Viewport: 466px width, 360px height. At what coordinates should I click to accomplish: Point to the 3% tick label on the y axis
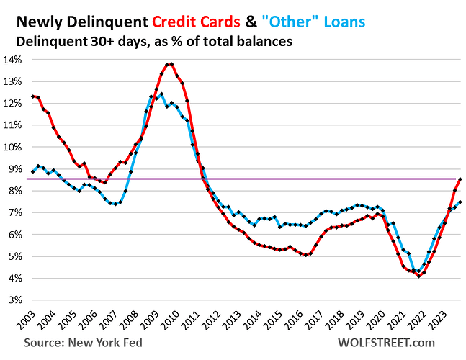pyautogui.click(x=14, y=300)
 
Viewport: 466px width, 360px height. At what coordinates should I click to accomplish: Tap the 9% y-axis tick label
pyautogui.click(x=14, y=168)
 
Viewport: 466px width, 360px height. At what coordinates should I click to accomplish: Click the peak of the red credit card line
pyautogui.click(x=171, y=64)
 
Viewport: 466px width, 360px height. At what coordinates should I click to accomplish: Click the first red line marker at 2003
pyautogui.click(x=33, y=96)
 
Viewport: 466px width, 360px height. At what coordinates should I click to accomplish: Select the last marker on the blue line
pyautogui.click(x=460, y=202)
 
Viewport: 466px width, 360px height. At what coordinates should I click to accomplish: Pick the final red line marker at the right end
pyautogui.click(x=460, y=179)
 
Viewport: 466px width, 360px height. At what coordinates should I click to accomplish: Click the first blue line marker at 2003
pyautogui.click(x=33, y=171)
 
